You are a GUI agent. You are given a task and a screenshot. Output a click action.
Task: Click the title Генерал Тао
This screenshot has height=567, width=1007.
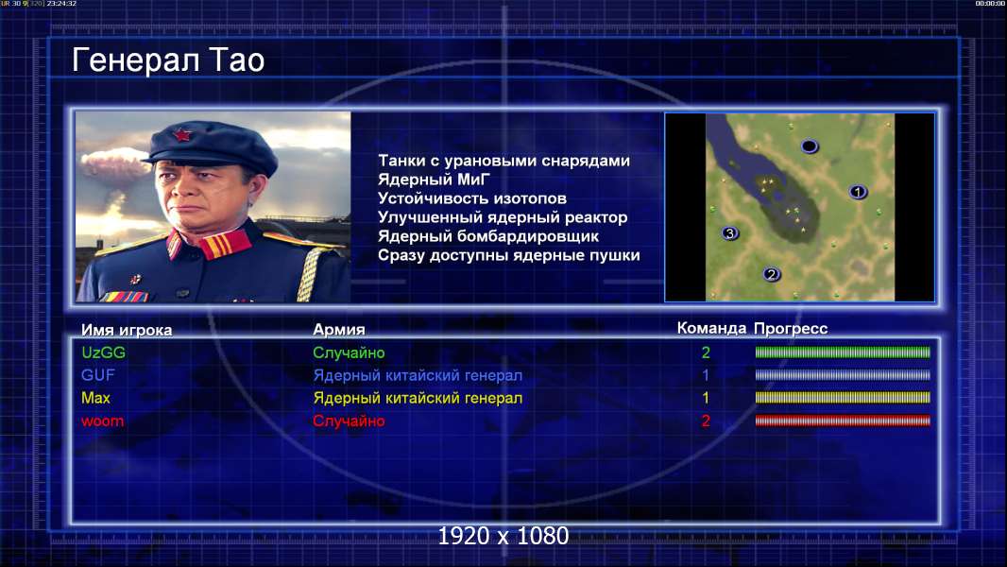[168, 60]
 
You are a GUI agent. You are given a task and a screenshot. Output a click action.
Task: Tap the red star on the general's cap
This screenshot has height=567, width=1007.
[182, 135]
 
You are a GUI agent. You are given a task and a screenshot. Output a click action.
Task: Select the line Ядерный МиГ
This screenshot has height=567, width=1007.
[434, 180]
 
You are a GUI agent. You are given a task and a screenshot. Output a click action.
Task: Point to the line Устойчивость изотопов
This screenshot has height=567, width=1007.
[472, 198]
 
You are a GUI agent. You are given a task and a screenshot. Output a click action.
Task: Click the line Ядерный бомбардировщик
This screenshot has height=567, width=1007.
[488, 236]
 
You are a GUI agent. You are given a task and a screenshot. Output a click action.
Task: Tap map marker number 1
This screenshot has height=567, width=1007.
[858, 192]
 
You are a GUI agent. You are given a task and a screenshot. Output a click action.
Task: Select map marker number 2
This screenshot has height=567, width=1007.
[771, 275]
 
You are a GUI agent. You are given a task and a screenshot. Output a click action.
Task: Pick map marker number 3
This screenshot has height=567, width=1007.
[729, 233]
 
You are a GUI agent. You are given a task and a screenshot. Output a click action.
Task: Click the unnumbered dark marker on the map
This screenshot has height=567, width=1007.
[810, 146]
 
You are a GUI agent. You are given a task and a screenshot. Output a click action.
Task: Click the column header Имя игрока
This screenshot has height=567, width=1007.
[127, 330]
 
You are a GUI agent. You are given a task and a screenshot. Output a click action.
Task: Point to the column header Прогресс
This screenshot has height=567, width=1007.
[791, 329]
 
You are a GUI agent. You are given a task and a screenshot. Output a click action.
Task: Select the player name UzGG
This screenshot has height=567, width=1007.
[103, 352]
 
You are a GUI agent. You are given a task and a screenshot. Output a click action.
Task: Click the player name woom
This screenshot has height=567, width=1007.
[102, 421]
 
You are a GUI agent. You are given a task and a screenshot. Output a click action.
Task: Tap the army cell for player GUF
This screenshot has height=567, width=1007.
[418, 376]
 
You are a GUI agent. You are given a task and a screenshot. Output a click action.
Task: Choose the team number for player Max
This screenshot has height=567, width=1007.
[705, 398]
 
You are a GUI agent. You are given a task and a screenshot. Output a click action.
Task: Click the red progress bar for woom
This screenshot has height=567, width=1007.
[843, 421]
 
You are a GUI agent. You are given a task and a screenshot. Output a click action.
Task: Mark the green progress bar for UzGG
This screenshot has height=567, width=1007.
[843, 352]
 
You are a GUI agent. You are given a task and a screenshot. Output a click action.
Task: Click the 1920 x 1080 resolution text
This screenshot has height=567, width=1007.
[503, 536]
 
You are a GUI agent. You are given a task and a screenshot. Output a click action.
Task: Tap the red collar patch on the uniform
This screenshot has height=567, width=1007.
[225, 244]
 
